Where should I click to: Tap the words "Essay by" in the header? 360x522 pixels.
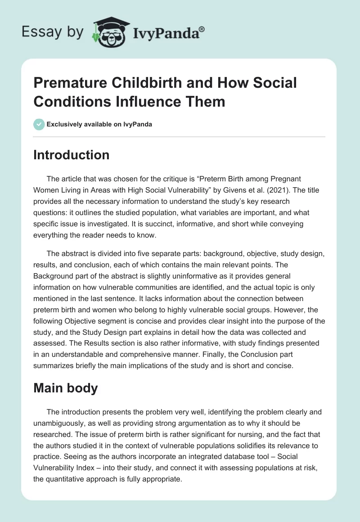(x=53, y=32)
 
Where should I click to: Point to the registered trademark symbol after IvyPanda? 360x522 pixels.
(x=202, y=29)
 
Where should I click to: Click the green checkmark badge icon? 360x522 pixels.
(x=39, y=124)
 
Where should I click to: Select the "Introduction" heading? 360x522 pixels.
(x=72, y=155)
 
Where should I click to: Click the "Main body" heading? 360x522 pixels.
(x=66, y=388)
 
